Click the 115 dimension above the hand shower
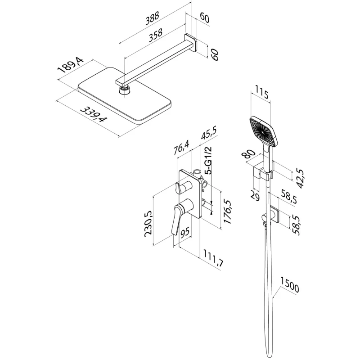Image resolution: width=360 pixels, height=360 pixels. (261, 95)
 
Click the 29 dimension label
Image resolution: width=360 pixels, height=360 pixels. (255, 195)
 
